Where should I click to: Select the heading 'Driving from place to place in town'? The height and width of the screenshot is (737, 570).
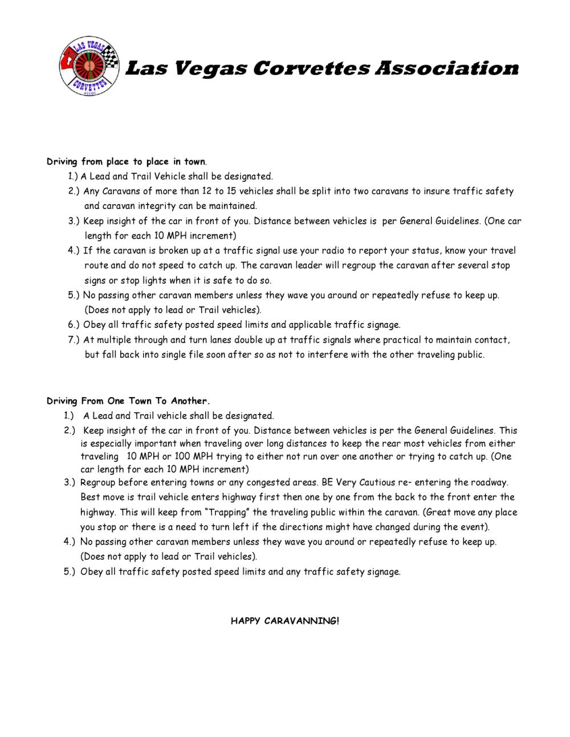(126, 162)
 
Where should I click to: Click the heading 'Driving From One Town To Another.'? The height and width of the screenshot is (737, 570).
(128, 401)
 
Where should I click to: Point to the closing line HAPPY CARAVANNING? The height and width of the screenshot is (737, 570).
(284, 621)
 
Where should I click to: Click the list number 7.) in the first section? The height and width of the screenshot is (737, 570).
(74, 340)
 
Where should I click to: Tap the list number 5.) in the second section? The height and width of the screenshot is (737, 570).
(70, 571)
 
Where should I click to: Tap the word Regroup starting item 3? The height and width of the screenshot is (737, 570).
(98, 482)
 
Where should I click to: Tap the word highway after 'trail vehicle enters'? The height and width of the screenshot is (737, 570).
(226, 497)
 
